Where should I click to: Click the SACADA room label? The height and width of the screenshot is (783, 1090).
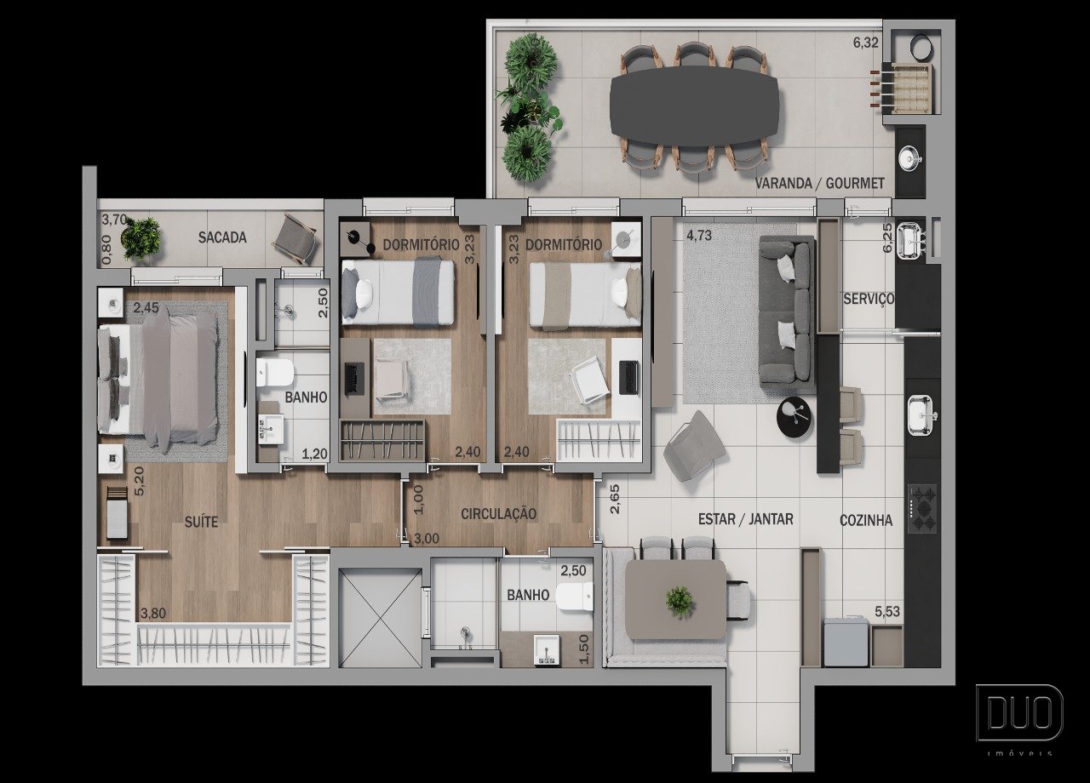point(222,237)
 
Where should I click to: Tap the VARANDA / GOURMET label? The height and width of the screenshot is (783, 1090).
point(819,183)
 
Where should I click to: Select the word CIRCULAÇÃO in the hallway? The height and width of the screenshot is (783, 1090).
point(499,513)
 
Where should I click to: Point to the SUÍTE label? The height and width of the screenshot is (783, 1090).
point(201,522)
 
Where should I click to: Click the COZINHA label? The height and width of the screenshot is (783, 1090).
point(866,520)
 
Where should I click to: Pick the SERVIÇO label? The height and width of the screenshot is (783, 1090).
point(869,299)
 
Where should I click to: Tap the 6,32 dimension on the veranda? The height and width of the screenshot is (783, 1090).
point(866,43)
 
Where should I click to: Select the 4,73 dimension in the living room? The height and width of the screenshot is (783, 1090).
point(699,236)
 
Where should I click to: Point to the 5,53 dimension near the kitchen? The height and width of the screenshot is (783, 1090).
point(887,612)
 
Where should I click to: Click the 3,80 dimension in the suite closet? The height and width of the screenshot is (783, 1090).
point(153,614)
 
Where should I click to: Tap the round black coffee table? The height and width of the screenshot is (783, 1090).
point(796,417)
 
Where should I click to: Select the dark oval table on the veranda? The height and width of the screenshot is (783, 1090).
point(694,106)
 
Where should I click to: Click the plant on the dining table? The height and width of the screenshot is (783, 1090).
point(680,602)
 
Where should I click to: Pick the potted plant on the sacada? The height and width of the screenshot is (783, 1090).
point(141,238)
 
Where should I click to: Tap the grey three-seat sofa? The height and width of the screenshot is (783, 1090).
point(787,314)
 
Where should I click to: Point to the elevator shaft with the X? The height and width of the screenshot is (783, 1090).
point(380,618)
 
